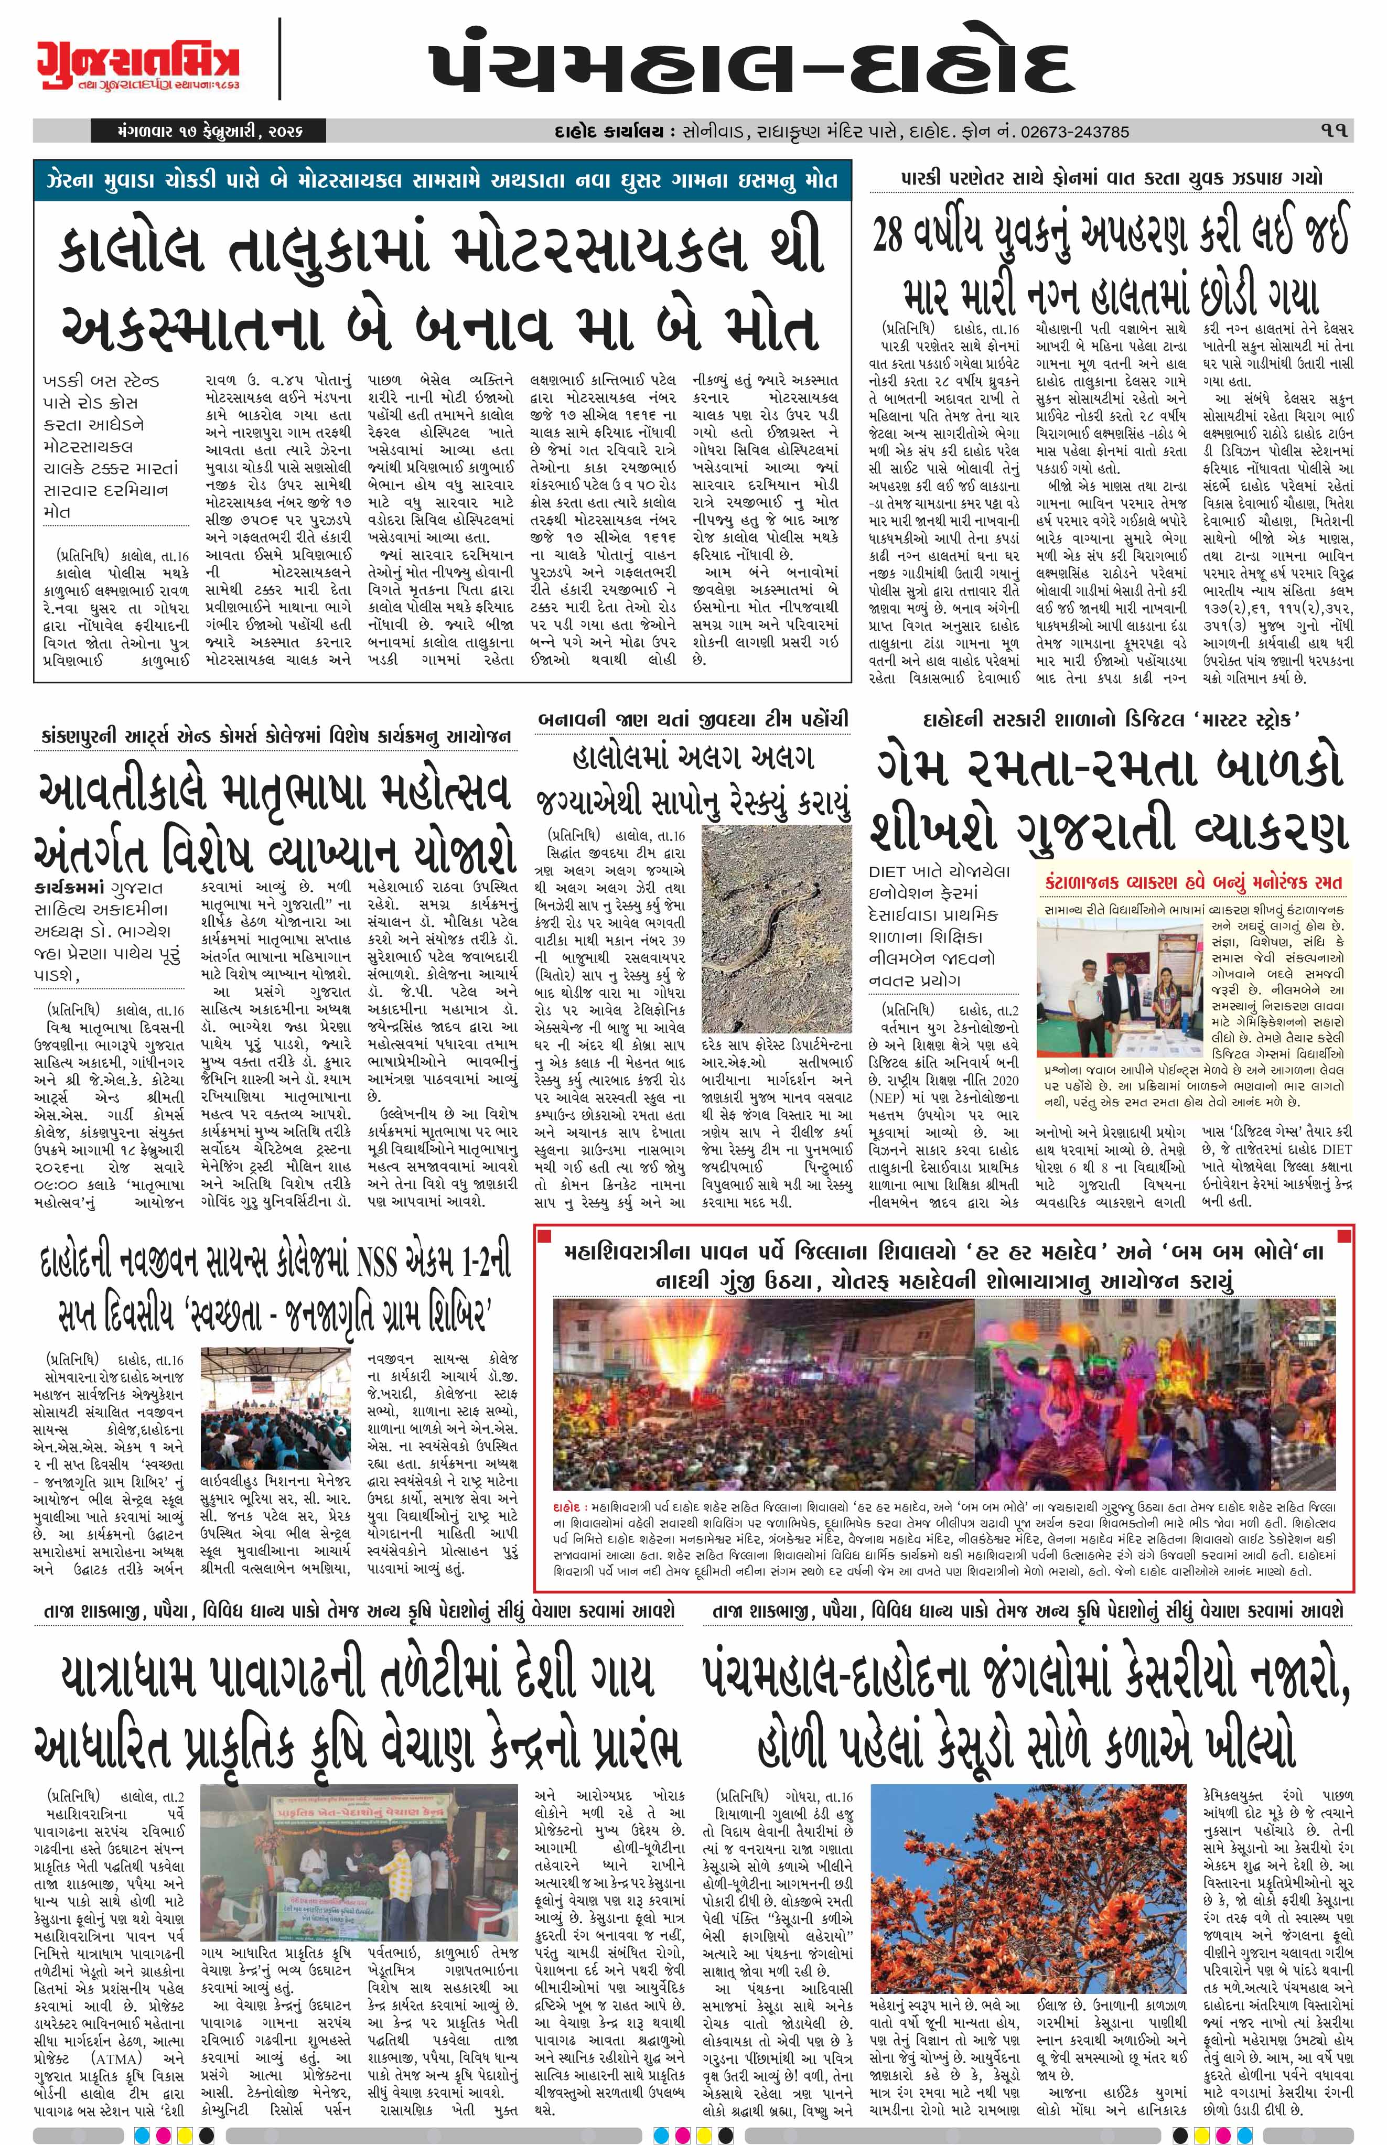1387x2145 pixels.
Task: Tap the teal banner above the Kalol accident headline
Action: [442, 180]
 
